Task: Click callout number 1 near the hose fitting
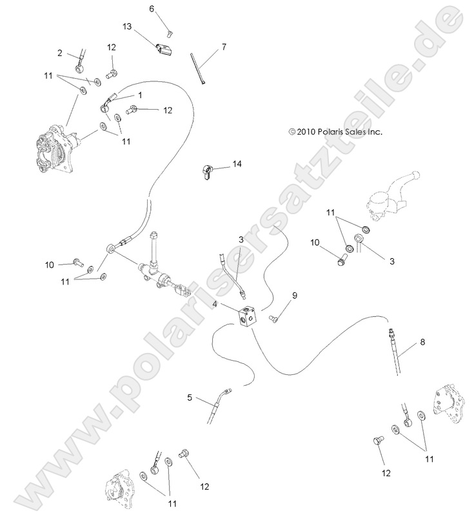tap(140, 95)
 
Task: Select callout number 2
tap(60, 52)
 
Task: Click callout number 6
tap(152, 9)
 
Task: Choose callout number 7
tap(224, 46)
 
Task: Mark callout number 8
tap(422, 343)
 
